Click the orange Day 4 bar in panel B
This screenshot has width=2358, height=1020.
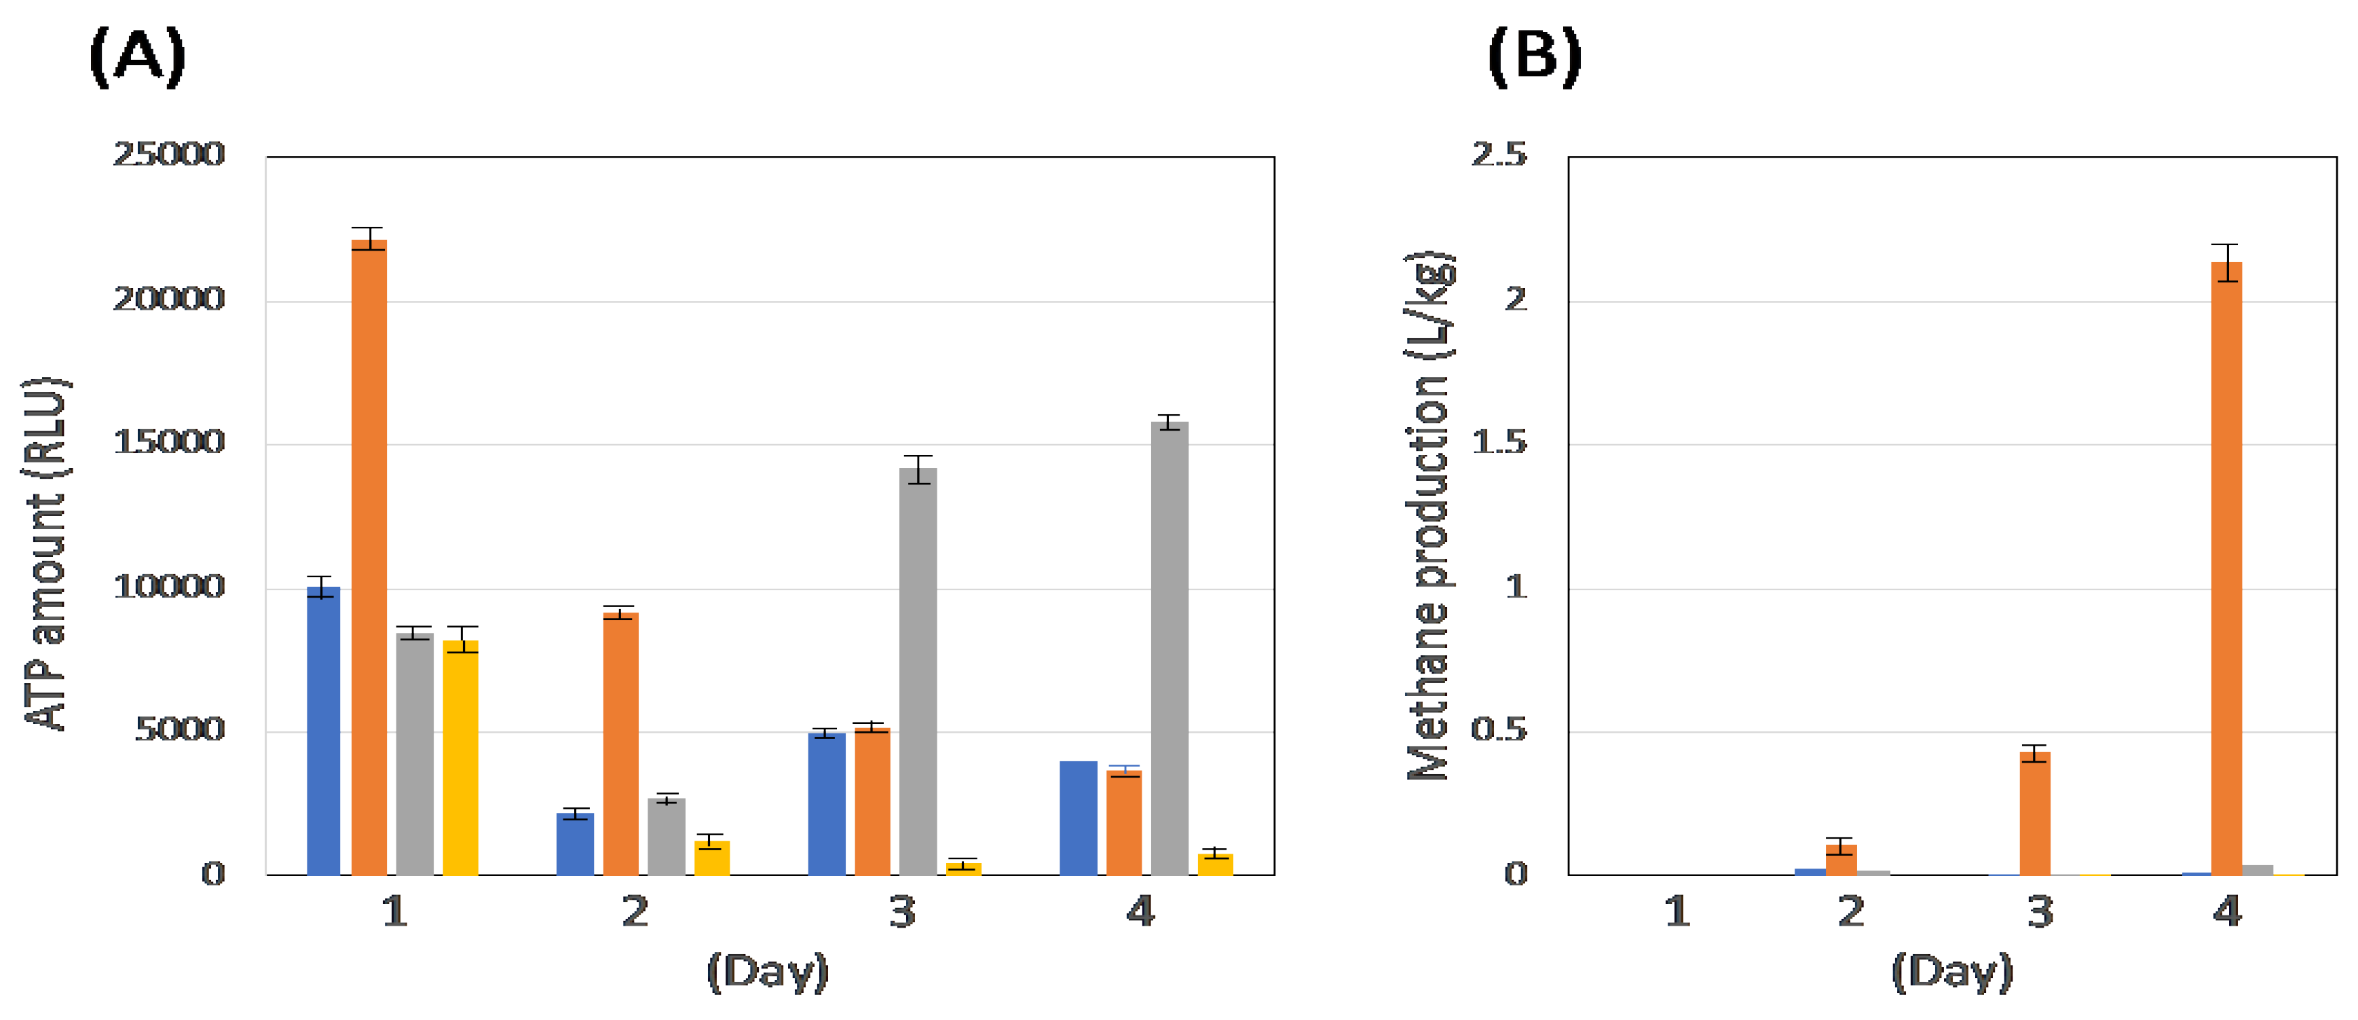tap(2226, 568)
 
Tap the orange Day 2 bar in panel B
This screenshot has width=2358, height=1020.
tap(1841, 860)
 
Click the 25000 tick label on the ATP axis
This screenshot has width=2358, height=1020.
tap(168, 155)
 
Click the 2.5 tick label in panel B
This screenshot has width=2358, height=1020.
tap(1499, 155)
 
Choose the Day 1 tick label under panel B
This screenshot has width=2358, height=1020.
tap(1677, 912)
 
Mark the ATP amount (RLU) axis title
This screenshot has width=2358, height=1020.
tap(45, 554)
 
